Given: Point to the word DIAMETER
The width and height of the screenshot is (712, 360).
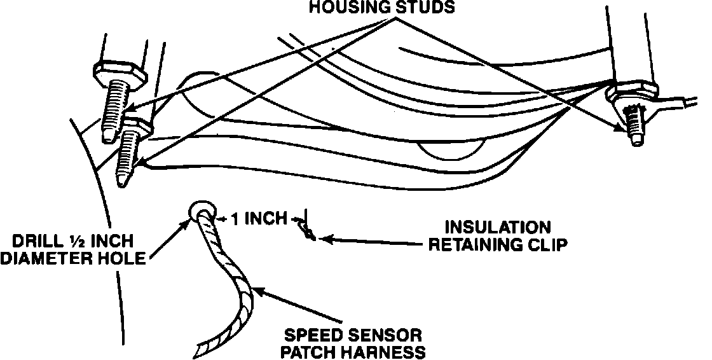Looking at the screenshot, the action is click(47, 260).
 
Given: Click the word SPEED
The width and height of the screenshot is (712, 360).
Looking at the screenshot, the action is click(313, 335).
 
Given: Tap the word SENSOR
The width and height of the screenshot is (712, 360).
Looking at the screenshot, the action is click(381, 335).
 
